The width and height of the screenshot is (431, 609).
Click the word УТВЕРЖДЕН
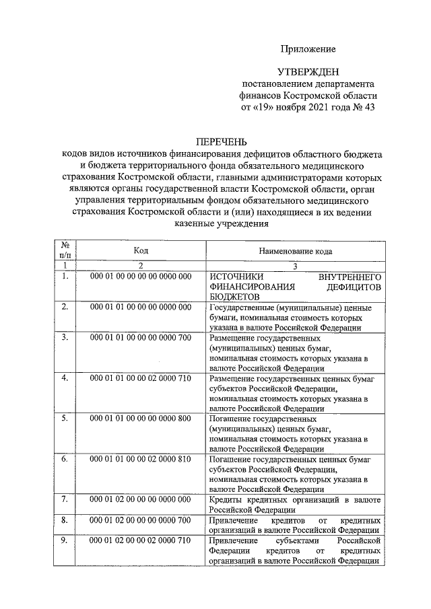(x=308, y=71)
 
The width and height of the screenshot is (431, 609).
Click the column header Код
(x=141, y=250)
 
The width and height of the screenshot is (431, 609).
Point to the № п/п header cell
(x=64, y=250)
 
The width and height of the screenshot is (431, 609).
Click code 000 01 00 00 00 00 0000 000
(x=141, y=277)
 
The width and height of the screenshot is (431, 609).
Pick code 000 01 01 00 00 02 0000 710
(x=141, y=379)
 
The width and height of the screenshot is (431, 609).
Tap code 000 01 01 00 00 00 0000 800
(x=141, y=419)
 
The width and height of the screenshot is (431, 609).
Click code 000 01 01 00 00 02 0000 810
(x=141, y=459)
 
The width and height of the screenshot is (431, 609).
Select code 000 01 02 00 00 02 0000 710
(x=141, y=541)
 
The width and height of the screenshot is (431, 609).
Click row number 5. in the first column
(x=64, y=419)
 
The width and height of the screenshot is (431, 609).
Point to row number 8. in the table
(x=64, y=520)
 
